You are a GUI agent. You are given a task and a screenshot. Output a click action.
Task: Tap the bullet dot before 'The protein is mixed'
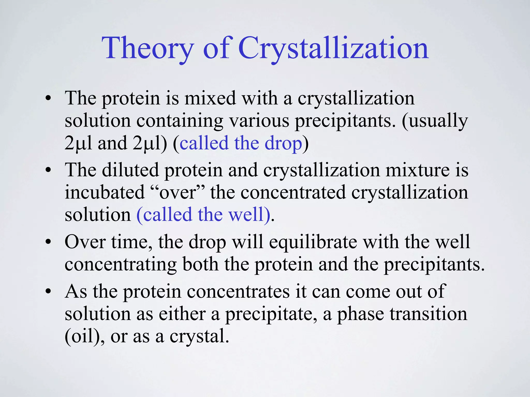48,100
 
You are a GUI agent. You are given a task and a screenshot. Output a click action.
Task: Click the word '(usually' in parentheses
435,121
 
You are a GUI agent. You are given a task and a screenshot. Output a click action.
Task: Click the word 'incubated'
105,193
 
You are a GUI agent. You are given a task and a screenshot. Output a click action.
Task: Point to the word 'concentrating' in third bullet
121,265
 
